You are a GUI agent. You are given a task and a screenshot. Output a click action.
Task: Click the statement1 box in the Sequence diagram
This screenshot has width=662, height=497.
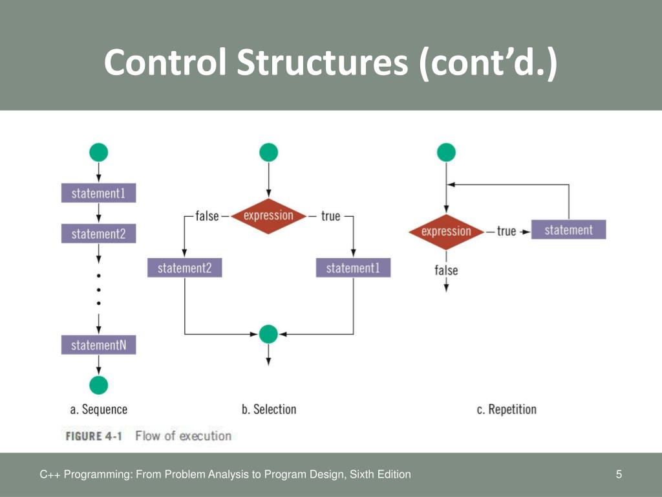tap(98, 193)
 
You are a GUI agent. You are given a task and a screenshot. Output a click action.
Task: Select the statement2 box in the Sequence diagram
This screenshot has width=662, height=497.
tap(98, 234)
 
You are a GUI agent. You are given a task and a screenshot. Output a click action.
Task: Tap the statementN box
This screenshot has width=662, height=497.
tap(98, 345)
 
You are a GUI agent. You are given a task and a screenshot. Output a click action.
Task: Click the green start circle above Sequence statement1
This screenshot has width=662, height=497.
tap(98, 153)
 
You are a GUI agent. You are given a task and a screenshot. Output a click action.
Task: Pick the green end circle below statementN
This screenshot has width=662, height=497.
tap(98, 384)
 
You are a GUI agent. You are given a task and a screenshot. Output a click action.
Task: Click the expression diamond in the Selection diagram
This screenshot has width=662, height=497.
tap(268, 215)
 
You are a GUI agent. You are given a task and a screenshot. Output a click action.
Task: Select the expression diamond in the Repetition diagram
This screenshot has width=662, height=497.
tap(446, 232)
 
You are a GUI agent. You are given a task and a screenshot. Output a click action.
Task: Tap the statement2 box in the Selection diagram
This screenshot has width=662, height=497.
tap(184, 268)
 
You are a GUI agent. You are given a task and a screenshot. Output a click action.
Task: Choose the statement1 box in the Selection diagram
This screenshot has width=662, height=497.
tap(353, 268)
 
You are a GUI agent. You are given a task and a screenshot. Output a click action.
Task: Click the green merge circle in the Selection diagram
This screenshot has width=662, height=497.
tap(268, 334)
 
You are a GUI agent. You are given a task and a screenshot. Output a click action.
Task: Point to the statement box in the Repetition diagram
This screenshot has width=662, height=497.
tap(568, 230)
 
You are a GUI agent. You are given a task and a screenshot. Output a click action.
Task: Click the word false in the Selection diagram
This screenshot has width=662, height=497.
tap(207, 216)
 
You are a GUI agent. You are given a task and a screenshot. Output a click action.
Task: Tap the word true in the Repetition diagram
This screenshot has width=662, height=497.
tap(506, 231)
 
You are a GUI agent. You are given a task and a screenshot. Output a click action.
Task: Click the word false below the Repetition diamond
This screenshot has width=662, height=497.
tap(446, 270)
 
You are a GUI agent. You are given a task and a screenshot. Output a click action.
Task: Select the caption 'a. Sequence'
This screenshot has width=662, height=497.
tap(98, 409)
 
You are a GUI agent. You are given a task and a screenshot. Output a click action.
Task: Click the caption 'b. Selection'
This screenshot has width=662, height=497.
tap(268, 409)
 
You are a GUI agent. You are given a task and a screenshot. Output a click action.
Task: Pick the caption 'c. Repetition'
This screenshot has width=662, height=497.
tap(506, 409)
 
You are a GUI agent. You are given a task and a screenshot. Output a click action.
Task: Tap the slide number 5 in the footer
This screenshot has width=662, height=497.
tap(619, 475)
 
